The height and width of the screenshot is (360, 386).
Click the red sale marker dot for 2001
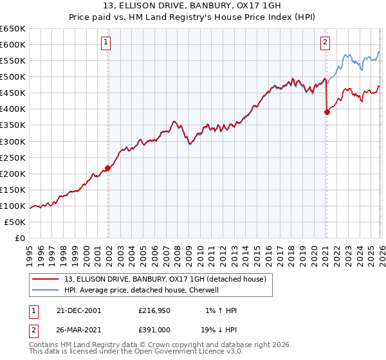pyautogui.click(x=108, y=168)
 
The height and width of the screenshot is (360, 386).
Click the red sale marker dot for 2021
pyautogui.click(x=327, y=112)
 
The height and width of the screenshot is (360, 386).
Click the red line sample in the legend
pyautogui.click(x=47, y=278)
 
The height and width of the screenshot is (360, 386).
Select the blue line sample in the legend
pyautogui.click(x=47, y=290)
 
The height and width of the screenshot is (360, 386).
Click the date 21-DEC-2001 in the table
pyautogui.click(x=78, y=310)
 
